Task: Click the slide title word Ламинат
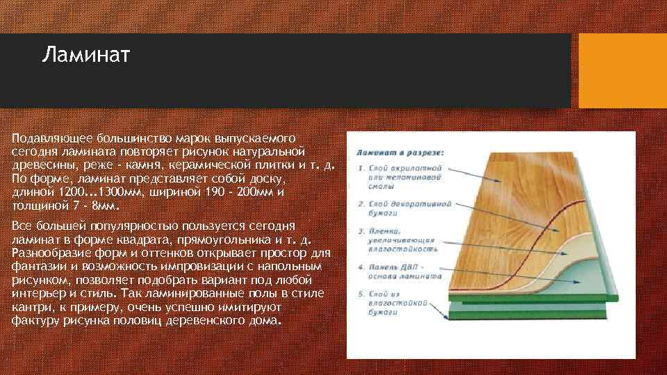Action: [x=85, y=54]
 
